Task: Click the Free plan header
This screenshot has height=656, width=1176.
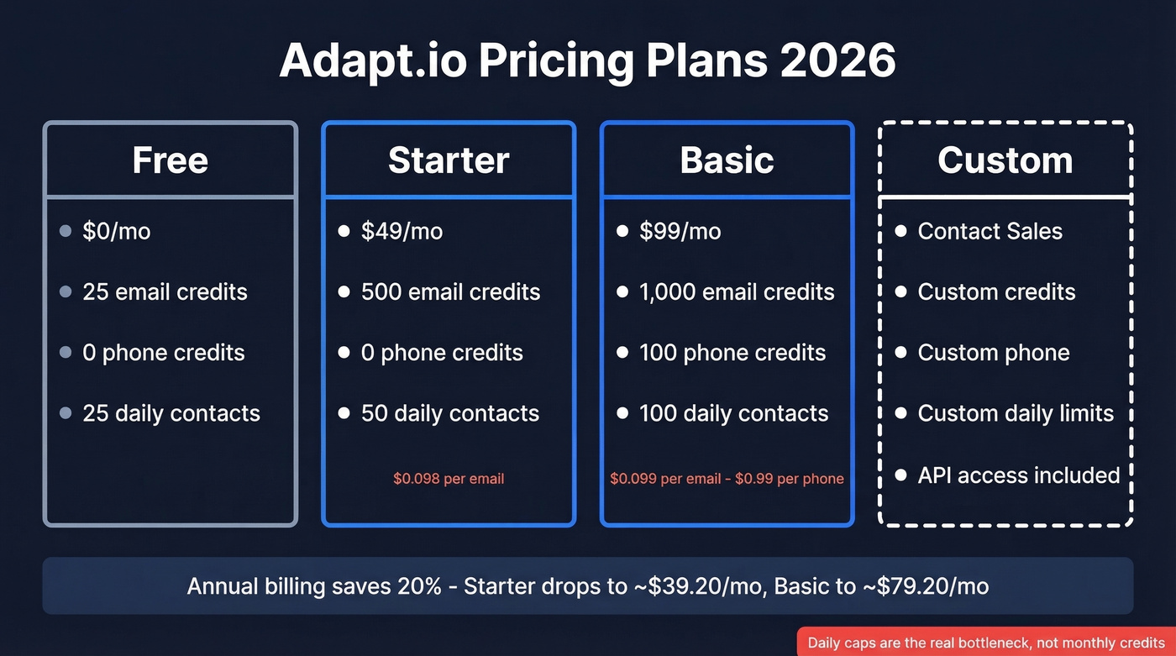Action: [170, 160]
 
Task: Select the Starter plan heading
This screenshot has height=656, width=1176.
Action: [449, 160]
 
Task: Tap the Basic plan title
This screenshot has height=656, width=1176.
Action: [727, 160]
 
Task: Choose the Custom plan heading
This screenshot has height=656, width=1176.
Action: [1005, 160]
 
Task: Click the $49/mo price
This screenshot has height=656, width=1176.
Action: [402, 231]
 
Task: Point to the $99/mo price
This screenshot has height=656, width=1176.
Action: [680, 231]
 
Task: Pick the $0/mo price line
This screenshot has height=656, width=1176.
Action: [116, 231]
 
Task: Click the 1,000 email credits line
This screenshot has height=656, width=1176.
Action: [736, 292]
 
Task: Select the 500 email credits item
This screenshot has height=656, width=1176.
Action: [450, 292]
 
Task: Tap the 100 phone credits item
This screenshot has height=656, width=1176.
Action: [732, 353]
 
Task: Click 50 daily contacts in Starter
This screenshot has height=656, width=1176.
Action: [449, 413]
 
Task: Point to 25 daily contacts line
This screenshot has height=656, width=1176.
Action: [171, 413]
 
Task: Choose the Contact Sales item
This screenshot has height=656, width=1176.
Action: [990, 231]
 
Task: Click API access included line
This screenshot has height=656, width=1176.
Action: [1018, 475]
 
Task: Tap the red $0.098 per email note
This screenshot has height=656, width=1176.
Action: [449, 479]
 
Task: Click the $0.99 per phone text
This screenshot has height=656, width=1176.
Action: [789, 479]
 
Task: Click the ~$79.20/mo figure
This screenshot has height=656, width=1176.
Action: [925, 585]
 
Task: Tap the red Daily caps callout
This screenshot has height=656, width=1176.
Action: [986, 643]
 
